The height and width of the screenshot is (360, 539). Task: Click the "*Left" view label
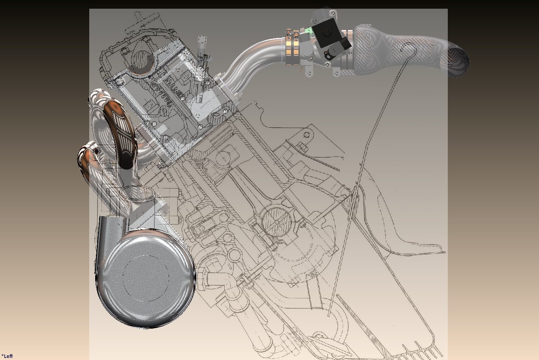point(7,356)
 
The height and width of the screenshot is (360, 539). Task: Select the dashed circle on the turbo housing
point(146,278)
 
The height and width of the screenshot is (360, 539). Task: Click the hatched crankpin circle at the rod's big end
point(276,221)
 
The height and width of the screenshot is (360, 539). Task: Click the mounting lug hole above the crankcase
point(306,135)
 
